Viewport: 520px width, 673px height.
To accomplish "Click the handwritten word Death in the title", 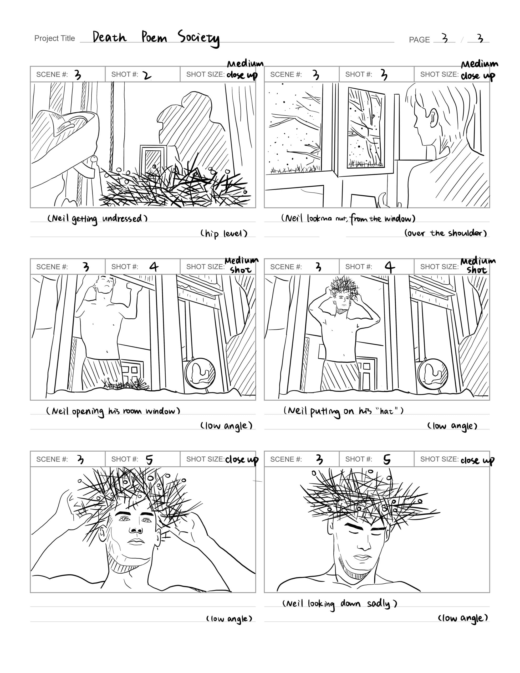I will click(x=109, y=37).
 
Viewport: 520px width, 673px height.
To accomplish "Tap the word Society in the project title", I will click(x=198, y=38).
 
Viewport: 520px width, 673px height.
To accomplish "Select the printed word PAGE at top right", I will click(x=419, y=40).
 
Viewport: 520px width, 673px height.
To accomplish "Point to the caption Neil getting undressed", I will click(x=98, y=219).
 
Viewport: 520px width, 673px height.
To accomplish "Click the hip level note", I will click(x=224, y=233).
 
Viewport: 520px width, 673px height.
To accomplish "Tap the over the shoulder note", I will click(x=445, y=233).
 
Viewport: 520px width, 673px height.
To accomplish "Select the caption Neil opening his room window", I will click(x=113, y=411).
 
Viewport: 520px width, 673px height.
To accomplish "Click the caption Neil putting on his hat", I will click(x=343, y=411).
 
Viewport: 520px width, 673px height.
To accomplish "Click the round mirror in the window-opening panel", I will click(x=200, y=374).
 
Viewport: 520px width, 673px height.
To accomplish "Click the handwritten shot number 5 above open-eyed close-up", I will click(x=149, y=460).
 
